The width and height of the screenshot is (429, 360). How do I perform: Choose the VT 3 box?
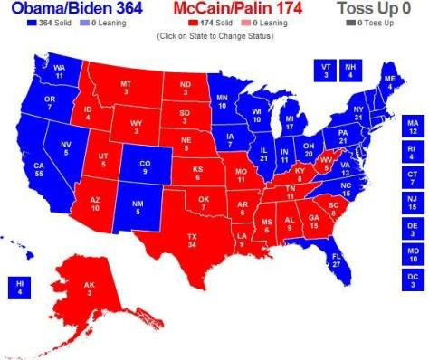click(325, 70)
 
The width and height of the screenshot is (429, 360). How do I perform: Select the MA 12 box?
click(414, 126)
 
